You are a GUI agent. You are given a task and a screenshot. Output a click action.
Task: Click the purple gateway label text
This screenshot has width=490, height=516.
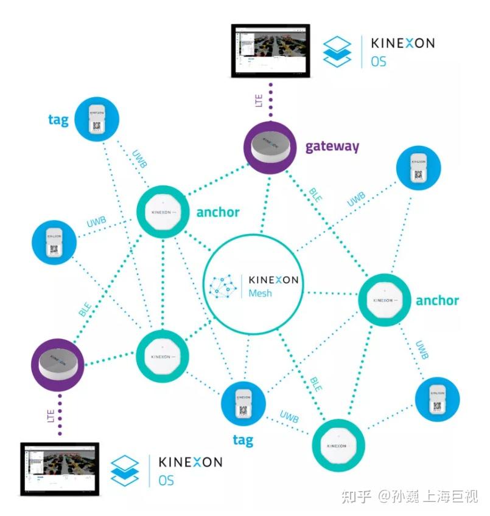point(332,146)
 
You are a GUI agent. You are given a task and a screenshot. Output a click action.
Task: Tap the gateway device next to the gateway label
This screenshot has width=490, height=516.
point(270,147)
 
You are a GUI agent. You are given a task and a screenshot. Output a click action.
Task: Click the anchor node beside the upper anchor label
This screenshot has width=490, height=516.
point(163,212)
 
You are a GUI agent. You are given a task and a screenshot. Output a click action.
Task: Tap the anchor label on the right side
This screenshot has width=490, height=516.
point(436,300)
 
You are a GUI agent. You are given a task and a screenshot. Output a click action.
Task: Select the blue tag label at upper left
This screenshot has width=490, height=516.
point(58,119)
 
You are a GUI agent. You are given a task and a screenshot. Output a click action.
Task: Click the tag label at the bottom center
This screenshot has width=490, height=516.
point(243,439)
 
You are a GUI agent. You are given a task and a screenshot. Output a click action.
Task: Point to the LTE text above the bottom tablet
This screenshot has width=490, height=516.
point(52,416)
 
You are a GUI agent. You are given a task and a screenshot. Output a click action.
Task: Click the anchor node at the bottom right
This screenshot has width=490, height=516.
point(338,445)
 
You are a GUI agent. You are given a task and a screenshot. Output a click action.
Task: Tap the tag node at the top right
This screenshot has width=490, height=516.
point(418,167)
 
